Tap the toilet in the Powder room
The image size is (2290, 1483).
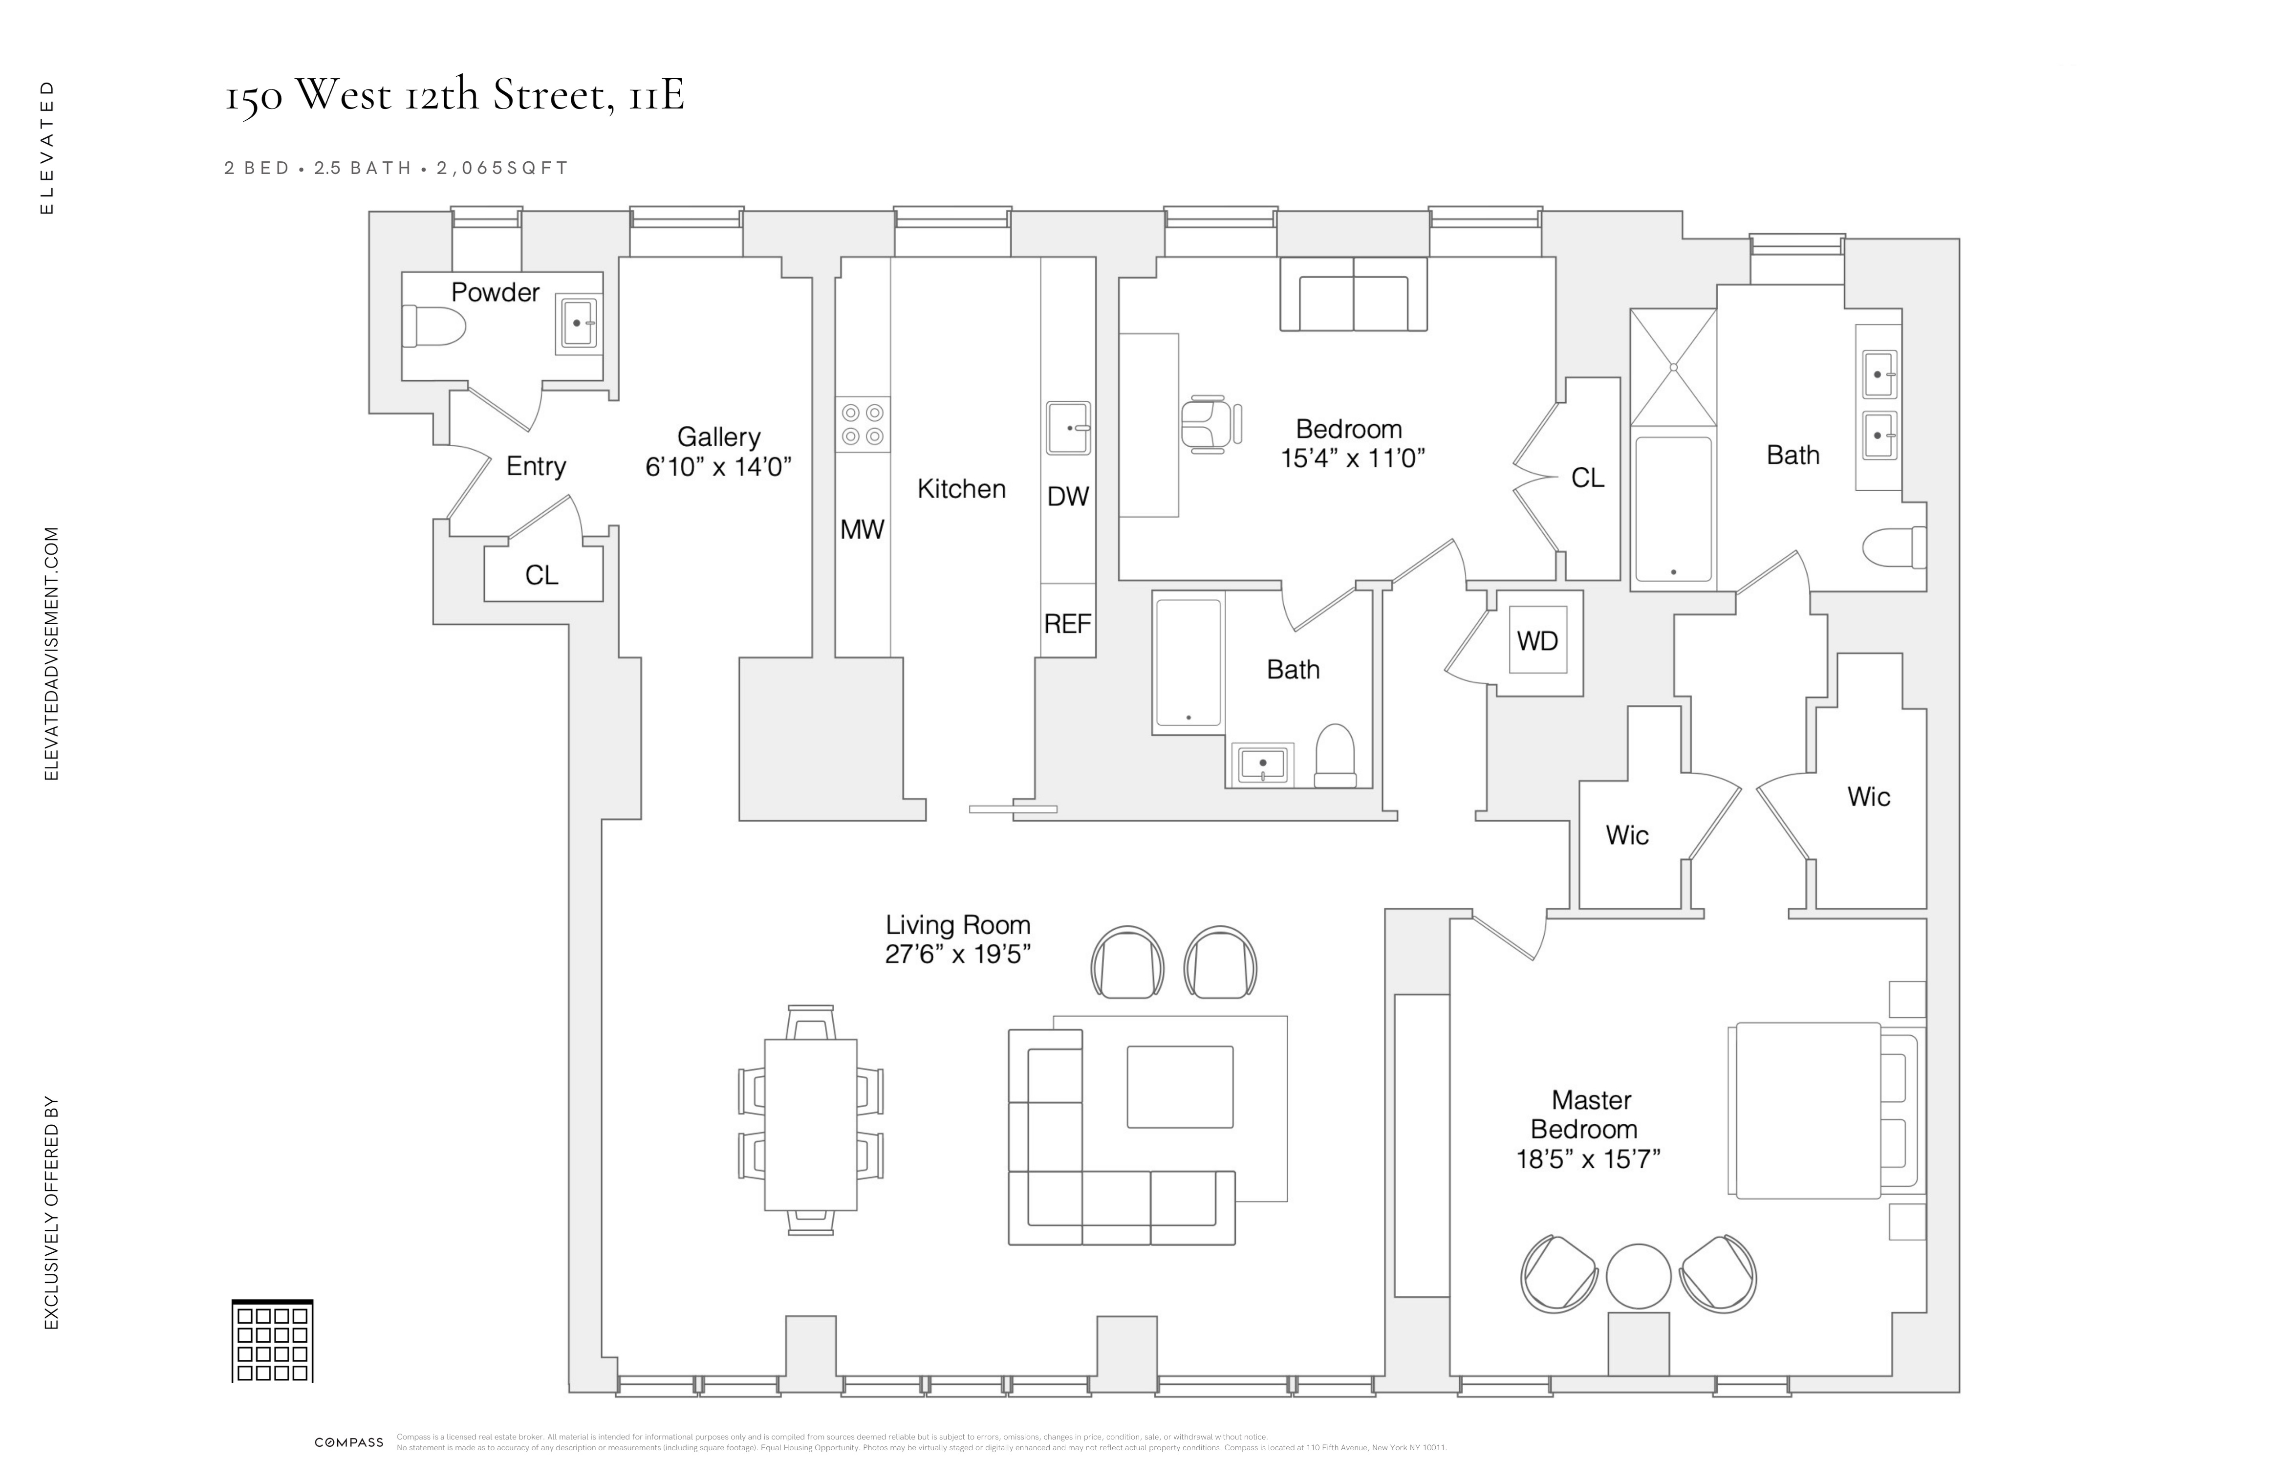point(433,325)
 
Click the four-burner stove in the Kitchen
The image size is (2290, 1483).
point(862,424)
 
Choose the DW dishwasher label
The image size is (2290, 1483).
point(1067,497)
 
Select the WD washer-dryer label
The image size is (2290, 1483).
point(1536,641)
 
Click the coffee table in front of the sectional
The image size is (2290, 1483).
point(1180,1087)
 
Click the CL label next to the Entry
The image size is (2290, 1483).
point(541,575)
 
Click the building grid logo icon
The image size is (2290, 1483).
point(272,1342)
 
